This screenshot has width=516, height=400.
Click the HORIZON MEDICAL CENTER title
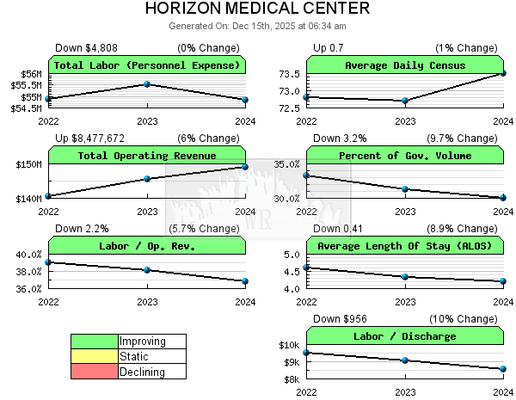(x=258, y=9)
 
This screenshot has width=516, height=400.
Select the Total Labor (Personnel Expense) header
(x=147, y=65)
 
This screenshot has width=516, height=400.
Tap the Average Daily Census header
(x=405, y=65)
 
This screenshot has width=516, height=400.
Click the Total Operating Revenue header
(x=147, y=156)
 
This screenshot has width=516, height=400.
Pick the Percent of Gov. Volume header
(x=405, y=156)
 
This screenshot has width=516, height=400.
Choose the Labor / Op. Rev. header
(x=147, y=246)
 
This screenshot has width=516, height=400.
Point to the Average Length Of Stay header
(x=405, y=246)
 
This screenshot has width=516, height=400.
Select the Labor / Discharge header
(x=405, y=336)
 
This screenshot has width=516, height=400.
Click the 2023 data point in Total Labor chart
(x=147, y=84)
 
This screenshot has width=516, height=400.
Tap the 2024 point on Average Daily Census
(x=503, y=74)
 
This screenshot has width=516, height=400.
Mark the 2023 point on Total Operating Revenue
(x=147, y=179)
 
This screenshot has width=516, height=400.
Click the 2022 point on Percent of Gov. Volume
(x=307, y=176)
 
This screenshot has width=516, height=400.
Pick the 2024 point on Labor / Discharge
(x=503, y=369)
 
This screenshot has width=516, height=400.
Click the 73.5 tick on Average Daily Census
(x=289, y=74)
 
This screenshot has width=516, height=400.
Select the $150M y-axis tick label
(x=28, y=164)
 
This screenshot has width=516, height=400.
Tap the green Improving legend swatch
(x=94, y=342)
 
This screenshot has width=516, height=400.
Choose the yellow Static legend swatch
(x=94, y=356)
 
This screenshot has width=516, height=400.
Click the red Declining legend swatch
(x=94, y=372)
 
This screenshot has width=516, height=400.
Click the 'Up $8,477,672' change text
(x=90, y=138)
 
